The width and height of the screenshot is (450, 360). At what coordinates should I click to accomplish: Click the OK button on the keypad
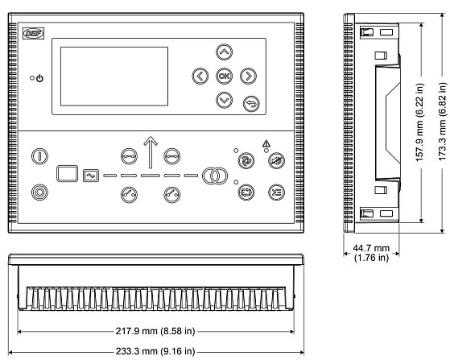[x=224, y=76]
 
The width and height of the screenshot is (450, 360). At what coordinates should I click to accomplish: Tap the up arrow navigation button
[x=224, y=52]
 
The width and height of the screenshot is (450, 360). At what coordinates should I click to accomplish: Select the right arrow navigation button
[x=248, y=76]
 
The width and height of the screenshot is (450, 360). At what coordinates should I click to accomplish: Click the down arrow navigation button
[x=224, y=100]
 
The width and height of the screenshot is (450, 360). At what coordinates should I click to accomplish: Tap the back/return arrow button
[x=251, y=104]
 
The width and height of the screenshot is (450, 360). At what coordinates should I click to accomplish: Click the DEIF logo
[x=33, y=33]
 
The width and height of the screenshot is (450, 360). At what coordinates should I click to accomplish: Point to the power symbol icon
[x=39, y=78]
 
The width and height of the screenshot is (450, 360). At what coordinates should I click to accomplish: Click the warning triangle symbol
[x=266, y=143]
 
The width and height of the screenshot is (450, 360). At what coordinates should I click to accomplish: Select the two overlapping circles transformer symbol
[x=215, y=176]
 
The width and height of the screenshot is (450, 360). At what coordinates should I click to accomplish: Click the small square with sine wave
[x=91, y=176]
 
